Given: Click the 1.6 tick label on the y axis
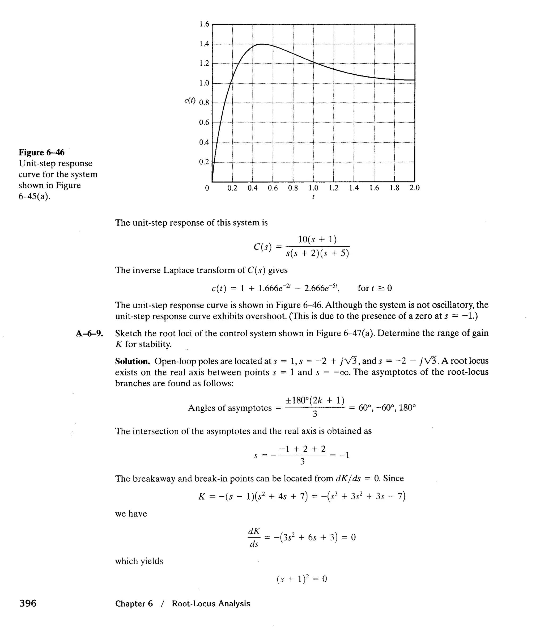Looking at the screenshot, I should tap(204, 24).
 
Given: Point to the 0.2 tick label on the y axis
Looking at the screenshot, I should tap(204, 162).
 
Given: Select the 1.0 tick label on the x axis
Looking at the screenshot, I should tap(313, 188).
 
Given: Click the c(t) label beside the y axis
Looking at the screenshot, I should tap(190, 101).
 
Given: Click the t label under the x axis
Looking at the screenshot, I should tap(313, 197).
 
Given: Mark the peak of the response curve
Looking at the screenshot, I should tap(261, 44).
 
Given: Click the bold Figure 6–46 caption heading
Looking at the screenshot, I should tap(42, 152).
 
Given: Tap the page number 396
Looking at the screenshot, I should tap(28, 603).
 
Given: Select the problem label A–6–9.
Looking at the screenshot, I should tap(89, 333).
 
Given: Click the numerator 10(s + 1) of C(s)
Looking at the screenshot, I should tap(317, 239).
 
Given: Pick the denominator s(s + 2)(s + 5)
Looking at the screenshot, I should tap(317, 253).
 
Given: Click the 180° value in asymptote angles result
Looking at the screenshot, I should tap(407, 408).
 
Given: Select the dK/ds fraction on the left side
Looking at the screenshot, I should tap(254, 537).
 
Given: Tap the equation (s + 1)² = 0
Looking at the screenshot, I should tap(301, 579).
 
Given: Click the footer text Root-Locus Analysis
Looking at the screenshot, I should tap(211, 603).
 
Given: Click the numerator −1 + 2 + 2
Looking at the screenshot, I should tap(302, 449).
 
